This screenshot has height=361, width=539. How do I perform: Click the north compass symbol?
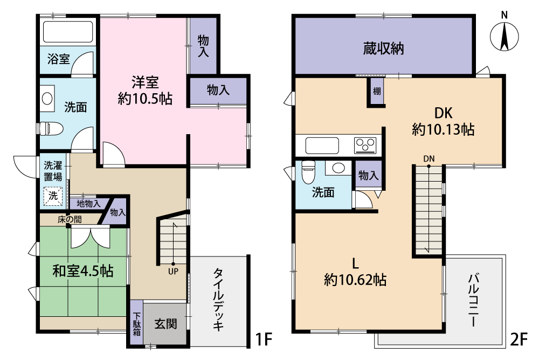tap(504, 35)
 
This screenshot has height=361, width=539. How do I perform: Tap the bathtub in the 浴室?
tap(68, 32)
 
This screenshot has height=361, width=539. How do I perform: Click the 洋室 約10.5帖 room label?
tap(144, 91)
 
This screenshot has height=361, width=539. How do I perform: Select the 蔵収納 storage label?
tap(383, 48)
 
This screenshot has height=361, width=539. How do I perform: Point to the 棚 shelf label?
tap(377, 91)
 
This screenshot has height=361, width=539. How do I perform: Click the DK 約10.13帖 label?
tap(443, 121)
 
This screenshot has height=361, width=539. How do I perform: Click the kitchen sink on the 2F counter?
tap(322, 145)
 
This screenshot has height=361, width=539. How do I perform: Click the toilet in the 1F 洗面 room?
tap(51, 129)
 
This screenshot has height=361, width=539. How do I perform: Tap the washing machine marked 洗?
tap(53, 196)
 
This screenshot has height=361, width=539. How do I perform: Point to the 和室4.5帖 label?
tap(83, 271)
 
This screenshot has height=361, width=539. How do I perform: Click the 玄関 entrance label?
tap(165, 324)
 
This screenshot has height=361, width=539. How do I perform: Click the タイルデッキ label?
tap(219, 300)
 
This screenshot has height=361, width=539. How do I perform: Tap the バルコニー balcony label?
tap(473, 300)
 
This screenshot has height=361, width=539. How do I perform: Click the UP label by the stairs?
tap(173, 272)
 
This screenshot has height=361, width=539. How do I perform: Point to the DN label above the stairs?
tap(429, 159)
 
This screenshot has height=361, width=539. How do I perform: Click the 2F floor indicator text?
tap(519, 339)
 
